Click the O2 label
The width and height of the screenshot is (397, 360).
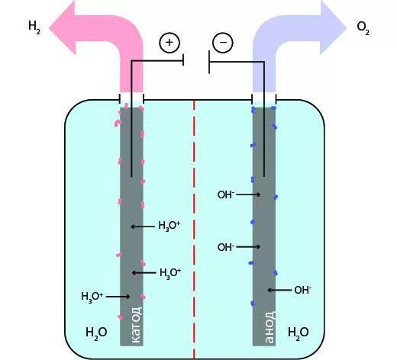point(363,27)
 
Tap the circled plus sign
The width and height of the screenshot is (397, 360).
point(169,43)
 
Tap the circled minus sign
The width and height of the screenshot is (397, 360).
point(223,43)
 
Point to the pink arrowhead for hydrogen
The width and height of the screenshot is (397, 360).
point(63,27)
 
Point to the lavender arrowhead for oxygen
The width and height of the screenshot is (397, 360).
point(333,27)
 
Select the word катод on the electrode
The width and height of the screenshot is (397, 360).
point(136,325)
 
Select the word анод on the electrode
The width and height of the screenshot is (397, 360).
point(270,327)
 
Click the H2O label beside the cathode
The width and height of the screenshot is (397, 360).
point(96,333)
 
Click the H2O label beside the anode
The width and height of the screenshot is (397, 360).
point(299,333)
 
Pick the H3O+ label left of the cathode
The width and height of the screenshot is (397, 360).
point(92,297)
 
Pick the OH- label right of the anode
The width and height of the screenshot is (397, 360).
point(302,290)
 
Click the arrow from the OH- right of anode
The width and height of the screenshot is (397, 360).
point(279,290)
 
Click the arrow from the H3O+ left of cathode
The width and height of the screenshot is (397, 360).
point(118,297)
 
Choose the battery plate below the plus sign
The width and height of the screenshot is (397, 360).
point(183,60)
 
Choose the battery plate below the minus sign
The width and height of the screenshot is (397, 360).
point(209,62)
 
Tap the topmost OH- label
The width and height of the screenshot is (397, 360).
point(226,194)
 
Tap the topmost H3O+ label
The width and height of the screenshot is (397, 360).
point(169,226)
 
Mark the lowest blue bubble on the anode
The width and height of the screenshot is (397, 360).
point(253,304)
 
